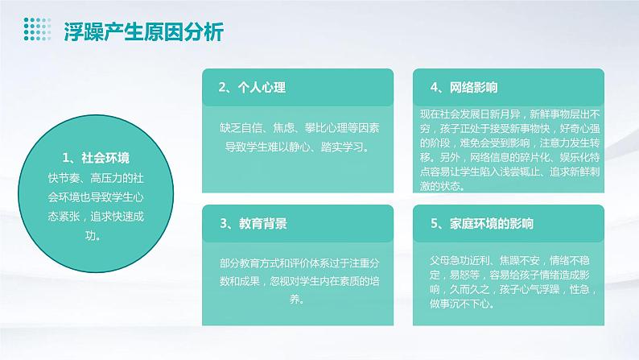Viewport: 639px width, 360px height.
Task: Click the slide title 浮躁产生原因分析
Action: [x=144, y=32]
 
